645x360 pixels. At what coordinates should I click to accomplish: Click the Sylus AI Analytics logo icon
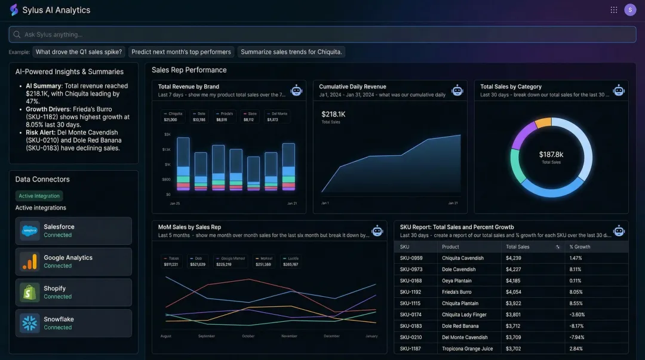tap(14, 10)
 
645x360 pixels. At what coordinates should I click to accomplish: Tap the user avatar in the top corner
tap(630, 10)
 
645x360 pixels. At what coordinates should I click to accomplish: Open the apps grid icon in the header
tap(614, 10)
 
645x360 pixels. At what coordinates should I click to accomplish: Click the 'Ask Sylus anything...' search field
tap(322, 35)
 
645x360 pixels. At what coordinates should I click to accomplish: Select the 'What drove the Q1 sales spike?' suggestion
tap(79, 52)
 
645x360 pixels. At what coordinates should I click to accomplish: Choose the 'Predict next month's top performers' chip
tap(181, 52)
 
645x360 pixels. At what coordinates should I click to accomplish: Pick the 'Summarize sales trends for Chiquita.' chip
tap(291, 52)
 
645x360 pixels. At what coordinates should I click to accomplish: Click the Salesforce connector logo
tap(29, 230)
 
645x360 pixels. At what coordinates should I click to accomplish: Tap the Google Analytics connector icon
tap(29, 261)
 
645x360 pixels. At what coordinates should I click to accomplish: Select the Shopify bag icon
tap(29, 292)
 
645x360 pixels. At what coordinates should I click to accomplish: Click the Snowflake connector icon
tap(29, 323)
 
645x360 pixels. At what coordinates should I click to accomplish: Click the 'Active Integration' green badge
tap(39, 196)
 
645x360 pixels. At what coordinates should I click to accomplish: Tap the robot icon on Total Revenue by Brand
tap(296, 90)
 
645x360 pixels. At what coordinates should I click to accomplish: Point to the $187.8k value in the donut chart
tap(551, 155)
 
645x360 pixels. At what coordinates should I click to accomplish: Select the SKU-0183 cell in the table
tap(411, 326)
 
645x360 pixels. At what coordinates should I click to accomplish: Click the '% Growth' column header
tap(579, 247)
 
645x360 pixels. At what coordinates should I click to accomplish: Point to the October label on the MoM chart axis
tap(248, 336)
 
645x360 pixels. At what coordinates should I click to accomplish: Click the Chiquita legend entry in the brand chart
tap(174, 113)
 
